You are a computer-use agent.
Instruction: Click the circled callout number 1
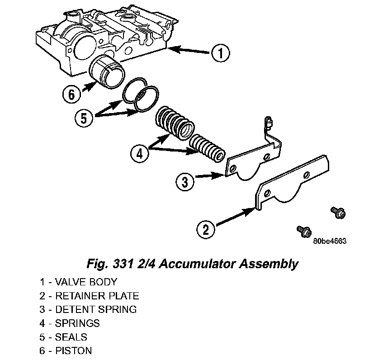[220, 54]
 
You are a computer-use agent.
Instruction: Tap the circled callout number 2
[205, 229]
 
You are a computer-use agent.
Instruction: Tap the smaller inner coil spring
[206, 147]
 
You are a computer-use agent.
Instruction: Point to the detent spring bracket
[253, 158]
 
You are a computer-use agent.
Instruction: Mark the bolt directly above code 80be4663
[303, 231]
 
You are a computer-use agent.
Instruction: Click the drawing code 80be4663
[329, 241]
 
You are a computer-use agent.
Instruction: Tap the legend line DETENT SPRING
[88, 310]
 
